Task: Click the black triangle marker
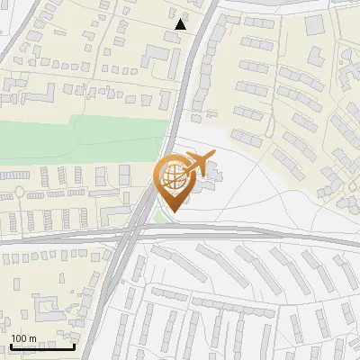coord(181,24)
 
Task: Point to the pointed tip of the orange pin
coord(172,212)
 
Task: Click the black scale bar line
coord(42,346)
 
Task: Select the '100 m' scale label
coord(23,338)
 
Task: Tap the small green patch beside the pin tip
coord(160,216)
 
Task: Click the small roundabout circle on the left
coord(17,192)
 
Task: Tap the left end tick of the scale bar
coord(11,345)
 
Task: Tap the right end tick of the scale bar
coord(75,345)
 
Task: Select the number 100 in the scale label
coord(20,338)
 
